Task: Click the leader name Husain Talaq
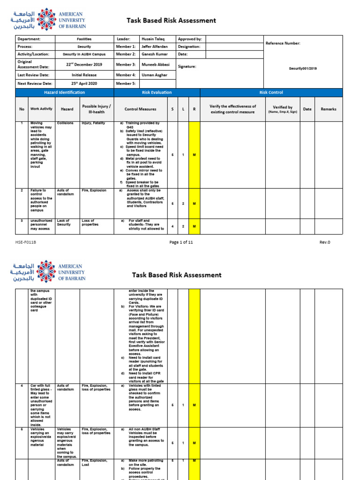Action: click(153, 39)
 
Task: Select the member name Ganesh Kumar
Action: click(155, 54)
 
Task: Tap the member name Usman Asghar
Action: click(154, 75)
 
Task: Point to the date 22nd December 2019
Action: click(84, 65)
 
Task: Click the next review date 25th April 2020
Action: click(84, 83)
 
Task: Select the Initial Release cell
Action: click(84, 75)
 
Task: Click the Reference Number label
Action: click(283, 43)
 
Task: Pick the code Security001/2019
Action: click(303, 68)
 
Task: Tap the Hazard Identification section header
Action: click(65, 93)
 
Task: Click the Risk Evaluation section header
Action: click(157, 93)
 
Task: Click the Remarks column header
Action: click(328, 109)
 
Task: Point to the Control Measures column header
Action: click(140, 109)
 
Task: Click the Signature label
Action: click(187, 67)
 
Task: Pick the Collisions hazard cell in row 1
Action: click(65, 123)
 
